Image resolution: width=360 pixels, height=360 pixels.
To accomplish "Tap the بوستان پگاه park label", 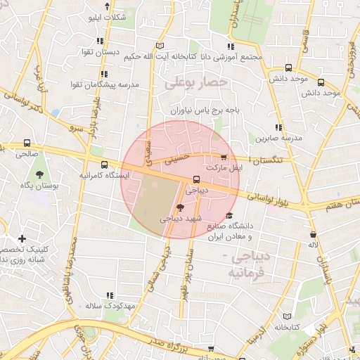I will click(37, 184).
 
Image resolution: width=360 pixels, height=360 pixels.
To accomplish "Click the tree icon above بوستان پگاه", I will click(38, 172).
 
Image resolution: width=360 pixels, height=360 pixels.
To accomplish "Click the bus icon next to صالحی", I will click(27, 143).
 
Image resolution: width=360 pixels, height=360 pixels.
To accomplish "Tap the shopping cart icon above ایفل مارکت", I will click(224, 157).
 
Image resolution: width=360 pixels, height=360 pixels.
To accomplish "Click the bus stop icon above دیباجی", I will click(196, 179).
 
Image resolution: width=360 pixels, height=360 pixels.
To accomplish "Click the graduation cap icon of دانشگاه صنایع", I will click(229, 216).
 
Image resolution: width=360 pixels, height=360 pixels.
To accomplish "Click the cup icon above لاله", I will click(312, 234).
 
